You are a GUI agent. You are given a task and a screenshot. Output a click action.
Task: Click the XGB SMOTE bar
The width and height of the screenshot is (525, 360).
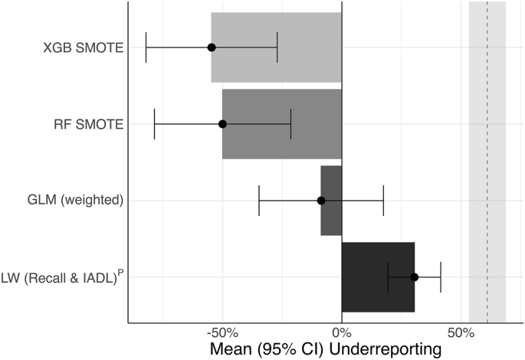coord(276,31)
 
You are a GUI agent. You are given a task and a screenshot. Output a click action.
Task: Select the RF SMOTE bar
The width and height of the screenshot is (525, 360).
coord(282,107)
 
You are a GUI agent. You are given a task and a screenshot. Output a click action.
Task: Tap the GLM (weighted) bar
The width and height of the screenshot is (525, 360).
coord(331,184)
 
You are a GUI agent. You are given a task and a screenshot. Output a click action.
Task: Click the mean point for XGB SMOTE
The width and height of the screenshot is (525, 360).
coord(212,47)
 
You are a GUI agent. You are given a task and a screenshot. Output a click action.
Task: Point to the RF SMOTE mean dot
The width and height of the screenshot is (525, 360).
coord(222,124)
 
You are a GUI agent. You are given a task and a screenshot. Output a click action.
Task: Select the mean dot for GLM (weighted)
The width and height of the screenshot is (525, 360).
coord(321,201)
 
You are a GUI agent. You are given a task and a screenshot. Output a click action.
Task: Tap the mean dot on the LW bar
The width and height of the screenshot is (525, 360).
coord(414,277)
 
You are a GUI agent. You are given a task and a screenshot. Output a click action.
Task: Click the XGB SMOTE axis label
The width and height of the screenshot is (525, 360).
coord(84,47)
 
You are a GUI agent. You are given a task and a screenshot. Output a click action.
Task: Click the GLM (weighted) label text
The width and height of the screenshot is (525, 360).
coord(74,201)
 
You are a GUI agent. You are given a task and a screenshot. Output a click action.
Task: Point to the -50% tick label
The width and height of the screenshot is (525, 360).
coord(222,334)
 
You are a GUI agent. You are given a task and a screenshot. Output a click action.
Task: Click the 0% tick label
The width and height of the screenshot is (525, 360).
coord(341,334)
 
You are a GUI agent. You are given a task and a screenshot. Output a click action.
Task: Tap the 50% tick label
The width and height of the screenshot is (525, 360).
coord(460,334)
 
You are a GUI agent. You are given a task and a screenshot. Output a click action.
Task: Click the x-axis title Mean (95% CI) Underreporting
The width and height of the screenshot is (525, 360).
coord(326,349)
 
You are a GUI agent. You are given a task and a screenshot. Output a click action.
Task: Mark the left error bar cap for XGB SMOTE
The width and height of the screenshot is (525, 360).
coord(146,47)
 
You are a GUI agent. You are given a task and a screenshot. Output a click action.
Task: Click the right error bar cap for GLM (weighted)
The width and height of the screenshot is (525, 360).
coord(383,201)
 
